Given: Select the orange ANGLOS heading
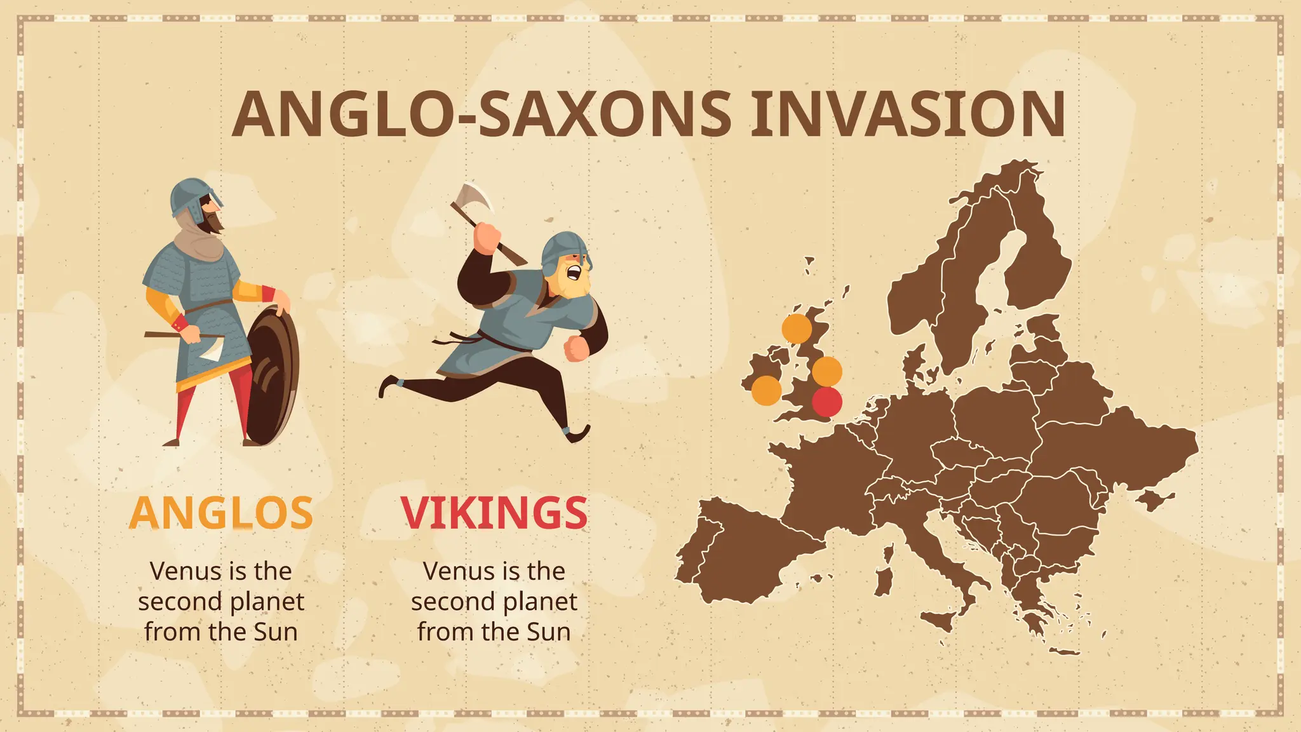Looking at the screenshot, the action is tap(221, 513).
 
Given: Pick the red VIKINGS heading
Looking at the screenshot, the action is tap(494, 513).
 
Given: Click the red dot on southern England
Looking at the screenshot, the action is tap(826, 402).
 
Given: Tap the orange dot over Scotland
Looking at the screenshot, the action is tap(797, 329).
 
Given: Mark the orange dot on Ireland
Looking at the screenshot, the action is tap(766, 390).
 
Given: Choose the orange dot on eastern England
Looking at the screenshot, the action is tap(826, 371).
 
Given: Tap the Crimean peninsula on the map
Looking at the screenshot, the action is tap(1153, 500).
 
